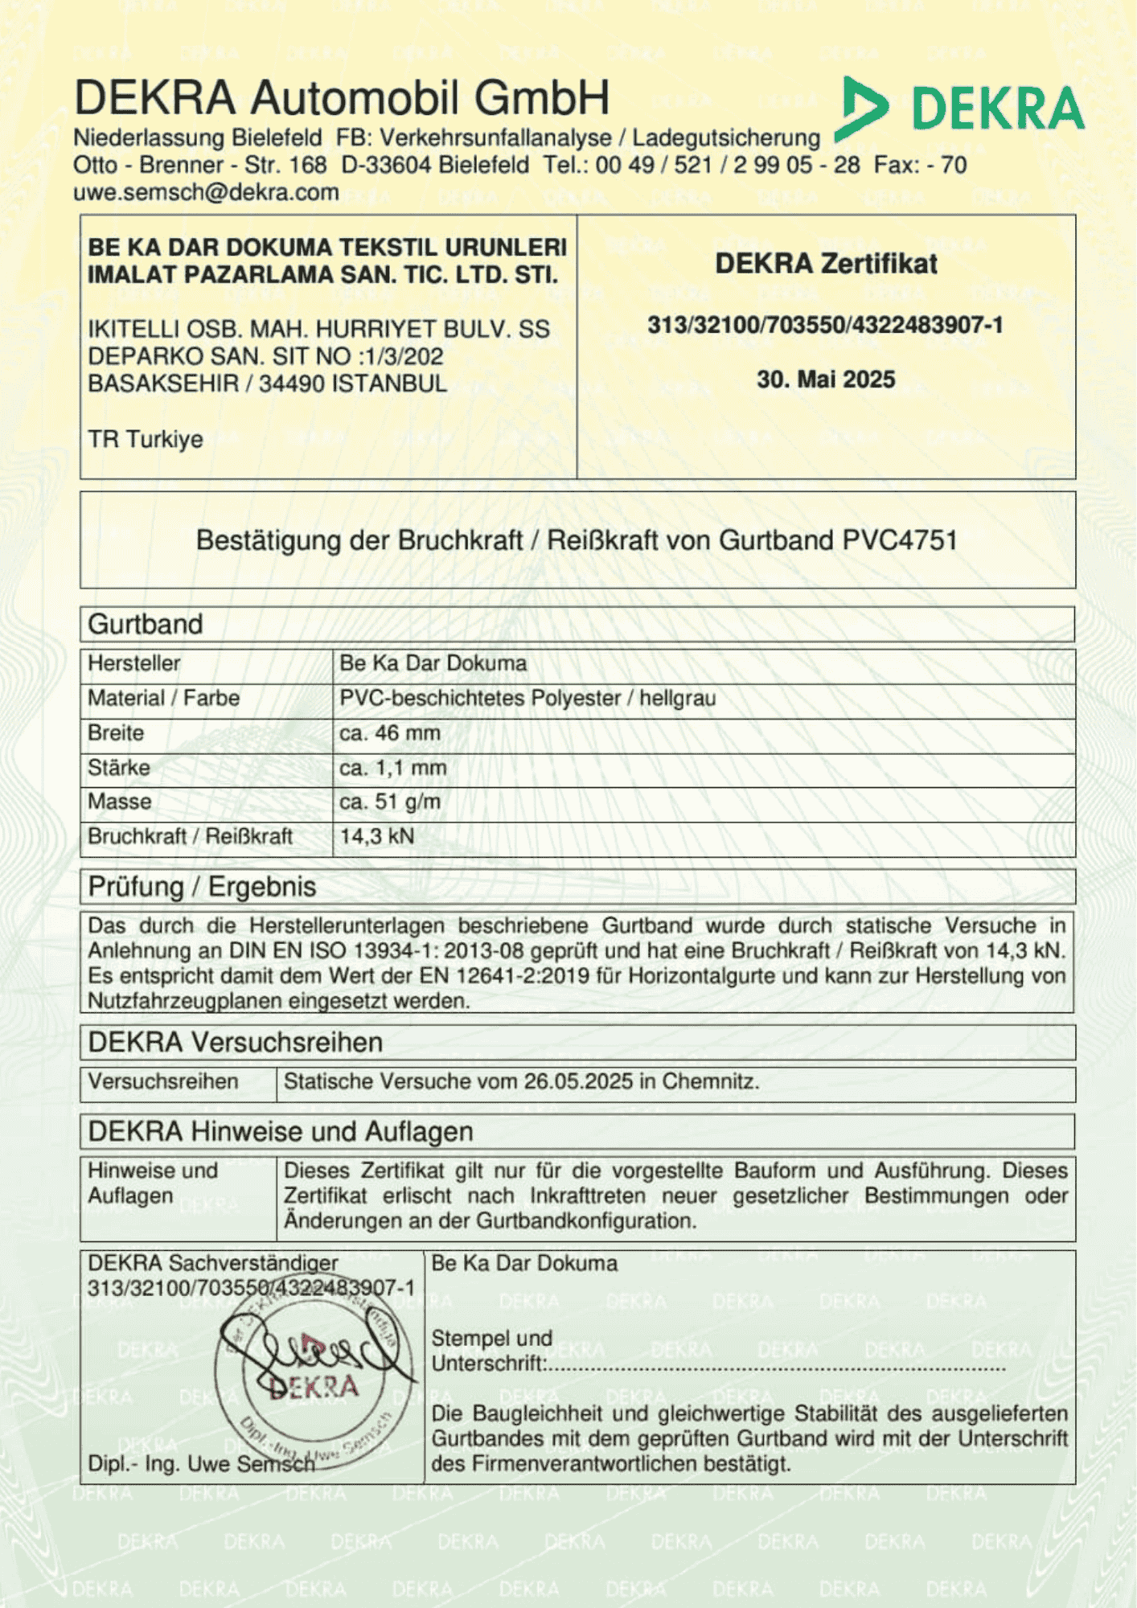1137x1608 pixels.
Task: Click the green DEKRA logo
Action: tap(961, 109)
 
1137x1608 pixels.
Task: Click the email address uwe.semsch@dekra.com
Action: tap(206, 193)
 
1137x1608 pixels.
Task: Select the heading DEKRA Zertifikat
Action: tap(826, 264)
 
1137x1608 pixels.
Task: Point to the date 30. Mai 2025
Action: tap(826, 379)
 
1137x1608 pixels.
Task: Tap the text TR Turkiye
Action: tap(146, 440)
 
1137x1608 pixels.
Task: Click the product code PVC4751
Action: tap(900, 540)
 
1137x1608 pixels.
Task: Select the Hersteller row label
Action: tap(134, 663)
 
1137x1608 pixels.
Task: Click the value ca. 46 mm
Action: tap(390, 733)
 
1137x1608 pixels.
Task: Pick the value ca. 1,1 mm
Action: tap(393, 768)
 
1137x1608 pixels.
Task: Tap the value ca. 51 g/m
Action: tap(390, 802)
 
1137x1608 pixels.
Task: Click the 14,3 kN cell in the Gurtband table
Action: tap(377, 836)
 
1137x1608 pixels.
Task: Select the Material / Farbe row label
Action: tap(164, 698)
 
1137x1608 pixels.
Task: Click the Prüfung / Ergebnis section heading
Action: tap(203, 887)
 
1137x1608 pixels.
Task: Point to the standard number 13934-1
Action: tap(392, 951)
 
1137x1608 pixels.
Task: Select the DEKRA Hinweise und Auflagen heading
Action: tap(281, 1132)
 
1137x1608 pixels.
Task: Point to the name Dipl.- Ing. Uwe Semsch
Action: tap(201, 1464)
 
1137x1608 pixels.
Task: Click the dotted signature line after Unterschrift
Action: tap(776, 1367)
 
